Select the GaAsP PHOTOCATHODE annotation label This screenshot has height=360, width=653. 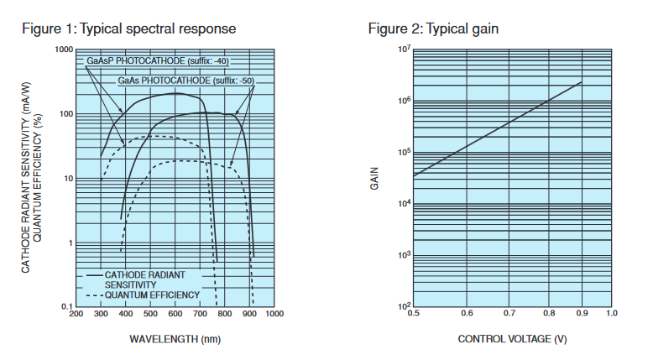click(x=156, y=61)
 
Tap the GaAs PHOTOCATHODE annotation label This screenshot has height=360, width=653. click(x=185, y=81)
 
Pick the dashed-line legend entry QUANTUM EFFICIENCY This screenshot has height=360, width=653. click(x=152, y=295)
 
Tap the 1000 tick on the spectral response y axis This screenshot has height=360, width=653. click(x=64, y=50)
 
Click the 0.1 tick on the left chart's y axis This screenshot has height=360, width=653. click(x=67, y=307)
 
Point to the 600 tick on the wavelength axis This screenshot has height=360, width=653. click(x=175, y=315)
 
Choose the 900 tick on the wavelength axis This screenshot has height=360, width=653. click(x=249, y=315)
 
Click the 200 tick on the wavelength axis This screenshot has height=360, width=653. click(x=76, y=315)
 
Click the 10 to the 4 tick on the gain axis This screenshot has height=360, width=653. click(x=404, y=204)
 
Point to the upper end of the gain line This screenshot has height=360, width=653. click(x=582, y=82)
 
